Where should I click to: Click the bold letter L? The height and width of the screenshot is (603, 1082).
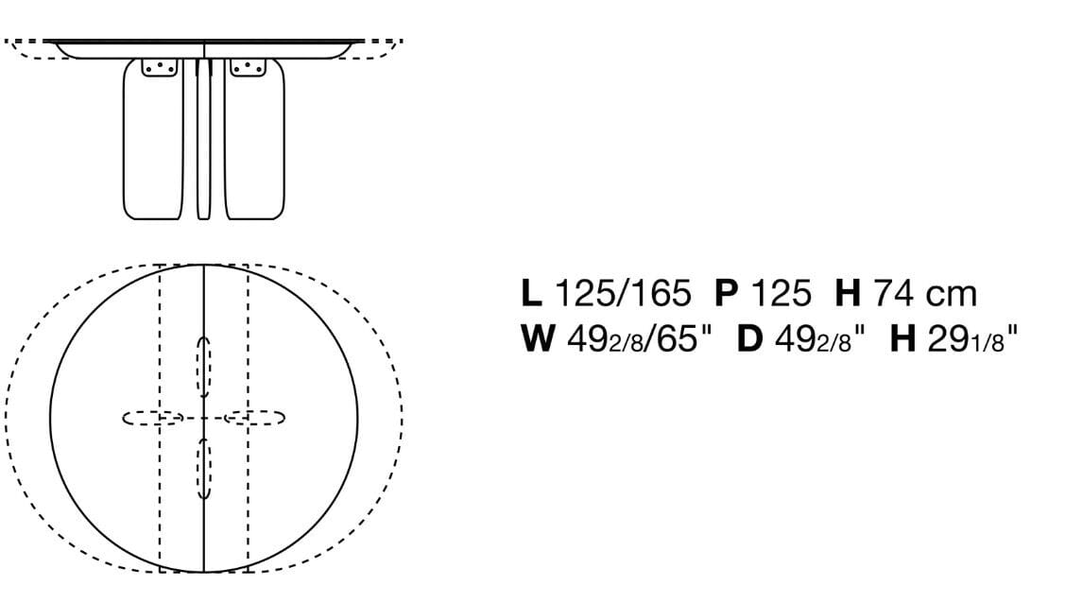531,293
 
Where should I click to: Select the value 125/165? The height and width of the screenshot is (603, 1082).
623,293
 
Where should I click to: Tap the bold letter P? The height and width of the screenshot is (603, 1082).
726,293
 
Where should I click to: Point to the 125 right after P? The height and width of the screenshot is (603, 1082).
781,293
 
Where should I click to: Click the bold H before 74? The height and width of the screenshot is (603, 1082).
848,293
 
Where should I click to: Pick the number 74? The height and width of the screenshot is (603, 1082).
894,293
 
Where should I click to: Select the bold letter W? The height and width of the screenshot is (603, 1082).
539,338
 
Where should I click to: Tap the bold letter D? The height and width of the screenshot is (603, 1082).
750,338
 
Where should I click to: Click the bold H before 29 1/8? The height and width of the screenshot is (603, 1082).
902,338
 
